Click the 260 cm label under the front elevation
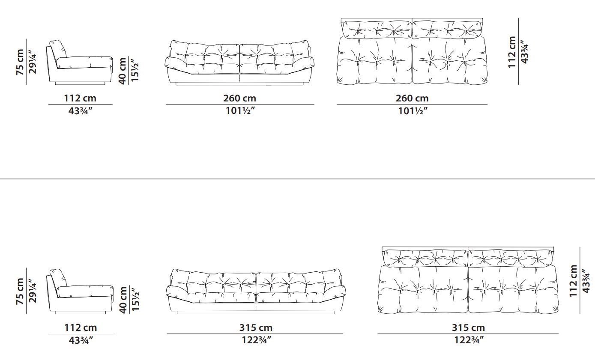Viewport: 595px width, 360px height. tap(239, 98)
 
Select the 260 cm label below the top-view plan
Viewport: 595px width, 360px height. tap(412, 98)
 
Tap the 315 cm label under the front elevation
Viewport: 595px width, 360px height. tap(256, 327)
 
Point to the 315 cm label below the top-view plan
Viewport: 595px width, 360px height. tap(468, 327)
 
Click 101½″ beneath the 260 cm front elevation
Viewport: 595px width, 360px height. tap(240, 110)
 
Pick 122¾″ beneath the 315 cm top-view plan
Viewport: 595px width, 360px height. tap(469, 340)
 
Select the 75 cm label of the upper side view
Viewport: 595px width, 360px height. tap(20, 62)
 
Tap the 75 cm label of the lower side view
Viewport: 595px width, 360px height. tap(20, 291)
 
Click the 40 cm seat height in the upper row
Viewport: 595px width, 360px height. tap(123, 71)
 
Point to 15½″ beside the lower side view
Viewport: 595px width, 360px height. tap(135, 300)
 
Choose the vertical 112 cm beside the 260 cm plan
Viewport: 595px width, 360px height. tap(512, 52)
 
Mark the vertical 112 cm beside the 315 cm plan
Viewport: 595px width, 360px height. tap(574, 281)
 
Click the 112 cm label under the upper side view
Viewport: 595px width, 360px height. tap(80, 98)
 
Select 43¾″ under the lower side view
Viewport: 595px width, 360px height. tap(81, 340)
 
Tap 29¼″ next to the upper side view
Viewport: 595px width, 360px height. tap(33, 62)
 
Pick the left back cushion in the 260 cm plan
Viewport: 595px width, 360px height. tap(376, 30)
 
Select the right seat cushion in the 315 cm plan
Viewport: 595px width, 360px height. tap(513, 289)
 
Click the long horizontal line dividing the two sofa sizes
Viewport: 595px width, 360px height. tap(297, 179)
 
